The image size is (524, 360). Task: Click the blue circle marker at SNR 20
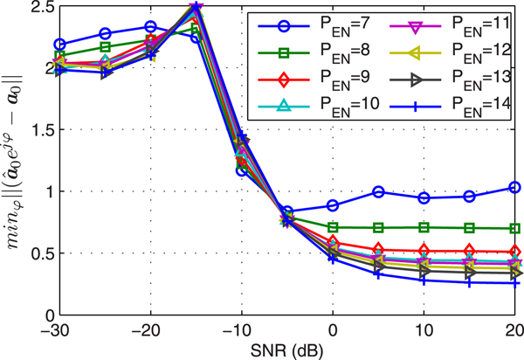(514, 187)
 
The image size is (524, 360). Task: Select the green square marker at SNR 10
(424, 227)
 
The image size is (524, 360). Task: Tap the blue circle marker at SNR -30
(59, 44)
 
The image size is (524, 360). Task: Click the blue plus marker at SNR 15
(469, 282)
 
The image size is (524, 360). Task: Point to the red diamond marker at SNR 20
(514, 251)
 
